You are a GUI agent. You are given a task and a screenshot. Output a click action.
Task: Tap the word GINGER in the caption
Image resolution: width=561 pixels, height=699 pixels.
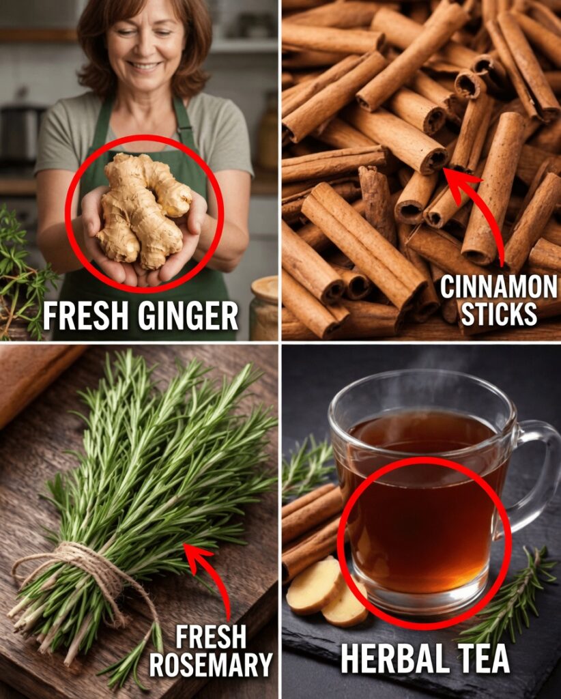click(x=188, y=315)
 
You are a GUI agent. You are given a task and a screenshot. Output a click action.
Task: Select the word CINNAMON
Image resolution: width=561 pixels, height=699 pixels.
click(x=498, y=287)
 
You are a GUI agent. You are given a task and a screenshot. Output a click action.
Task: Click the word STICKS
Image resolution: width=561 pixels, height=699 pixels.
click(x=498, y=314)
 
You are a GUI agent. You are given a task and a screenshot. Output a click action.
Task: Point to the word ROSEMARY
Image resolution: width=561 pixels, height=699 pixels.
click(x=210, y=665)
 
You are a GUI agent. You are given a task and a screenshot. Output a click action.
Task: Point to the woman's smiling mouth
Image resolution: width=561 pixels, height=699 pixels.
click(x=144, y=66)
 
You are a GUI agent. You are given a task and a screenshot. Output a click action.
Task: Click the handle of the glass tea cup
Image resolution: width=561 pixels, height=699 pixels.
click(x=539, y=472)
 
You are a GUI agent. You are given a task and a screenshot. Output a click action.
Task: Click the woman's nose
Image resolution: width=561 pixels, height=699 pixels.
click(x=141, y=48)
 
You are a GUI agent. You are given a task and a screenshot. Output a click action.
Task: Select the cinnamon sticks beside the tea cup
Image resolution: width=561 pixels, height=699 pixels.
click(x=311, y=526)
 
